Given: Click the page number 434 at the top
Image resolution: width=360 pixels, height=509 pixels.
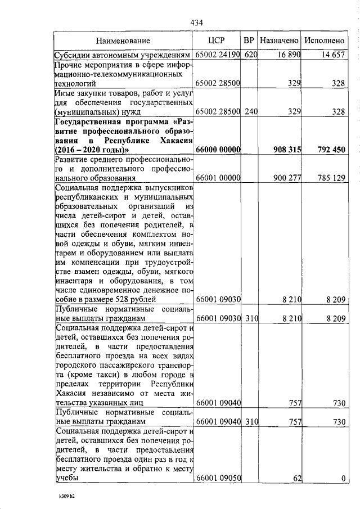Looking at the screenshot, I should click(x=196, y=22).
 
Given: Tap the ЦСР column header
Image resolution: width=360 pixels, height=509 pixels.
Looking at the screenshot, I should click(x=217, y=41).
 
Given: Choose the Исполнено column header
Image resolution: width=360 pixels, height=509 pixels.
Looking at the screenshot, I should click(x=323, y=41).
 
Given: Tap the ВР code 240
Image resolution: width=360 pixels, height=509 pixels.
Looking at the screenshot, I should click(x=250, y=112).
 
